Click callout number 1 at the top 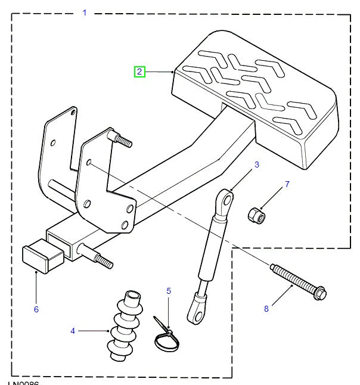coord(84,13)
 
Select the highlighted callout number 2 coord(139,72)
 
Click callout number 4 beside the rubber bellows coord(73,330)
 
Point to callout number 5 coord(169,291)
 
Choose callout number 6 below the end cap coord(36,309)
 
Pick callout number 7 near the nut coord(287,184)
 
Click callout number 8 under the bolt coord(266,308)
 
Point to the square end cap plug coord(42,256)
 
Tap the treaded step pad coord(256,95)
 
